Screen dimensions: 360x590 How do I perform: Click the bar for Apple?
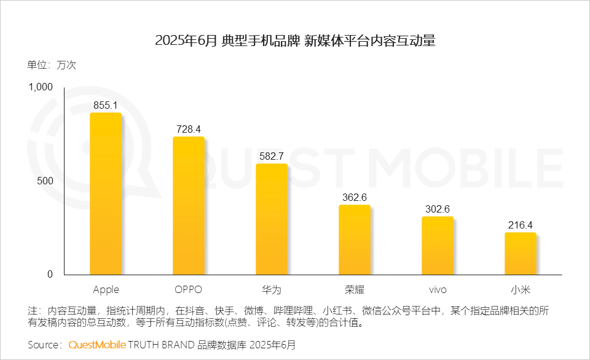click(106, 194)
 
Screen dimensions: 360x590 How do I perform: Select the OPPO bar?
click(189, 206)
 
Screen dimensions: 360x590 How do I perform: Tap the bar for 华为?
click(272, 219)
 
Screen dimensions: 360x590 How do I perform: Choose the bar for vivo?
click(438, 246)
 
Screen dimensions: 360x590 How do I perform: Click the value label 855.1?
click(106, 105)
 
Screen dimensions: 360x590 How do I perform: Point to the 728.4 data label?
click(189, 129)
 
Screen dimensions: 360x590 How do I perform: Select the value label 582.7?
click(272, 156)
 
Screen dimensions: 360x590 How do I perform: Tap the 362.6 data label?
click(355, 197)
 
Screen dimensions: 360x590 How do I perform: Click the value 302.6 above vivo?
click(438, 209)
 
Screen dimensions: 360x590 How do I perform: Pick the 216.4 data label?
click(521, 225)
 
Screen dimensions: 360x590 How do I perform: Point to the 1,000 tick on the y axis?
click(41, 87)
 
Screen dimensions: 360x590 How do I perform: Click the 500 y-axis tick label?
click(46, 181)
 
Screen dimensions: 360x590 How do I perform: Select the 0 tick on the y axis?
click(50, 274)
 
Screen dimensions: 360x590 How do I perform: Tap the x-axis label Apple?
click(106, 289)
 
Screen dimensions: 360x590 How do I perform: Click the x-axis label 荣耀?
click(355, 289)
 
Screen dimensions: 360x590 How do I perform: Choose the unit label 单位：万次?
click(52, 65)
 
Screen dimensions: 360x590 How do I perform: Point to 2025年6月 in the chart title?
click(186, 41)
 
